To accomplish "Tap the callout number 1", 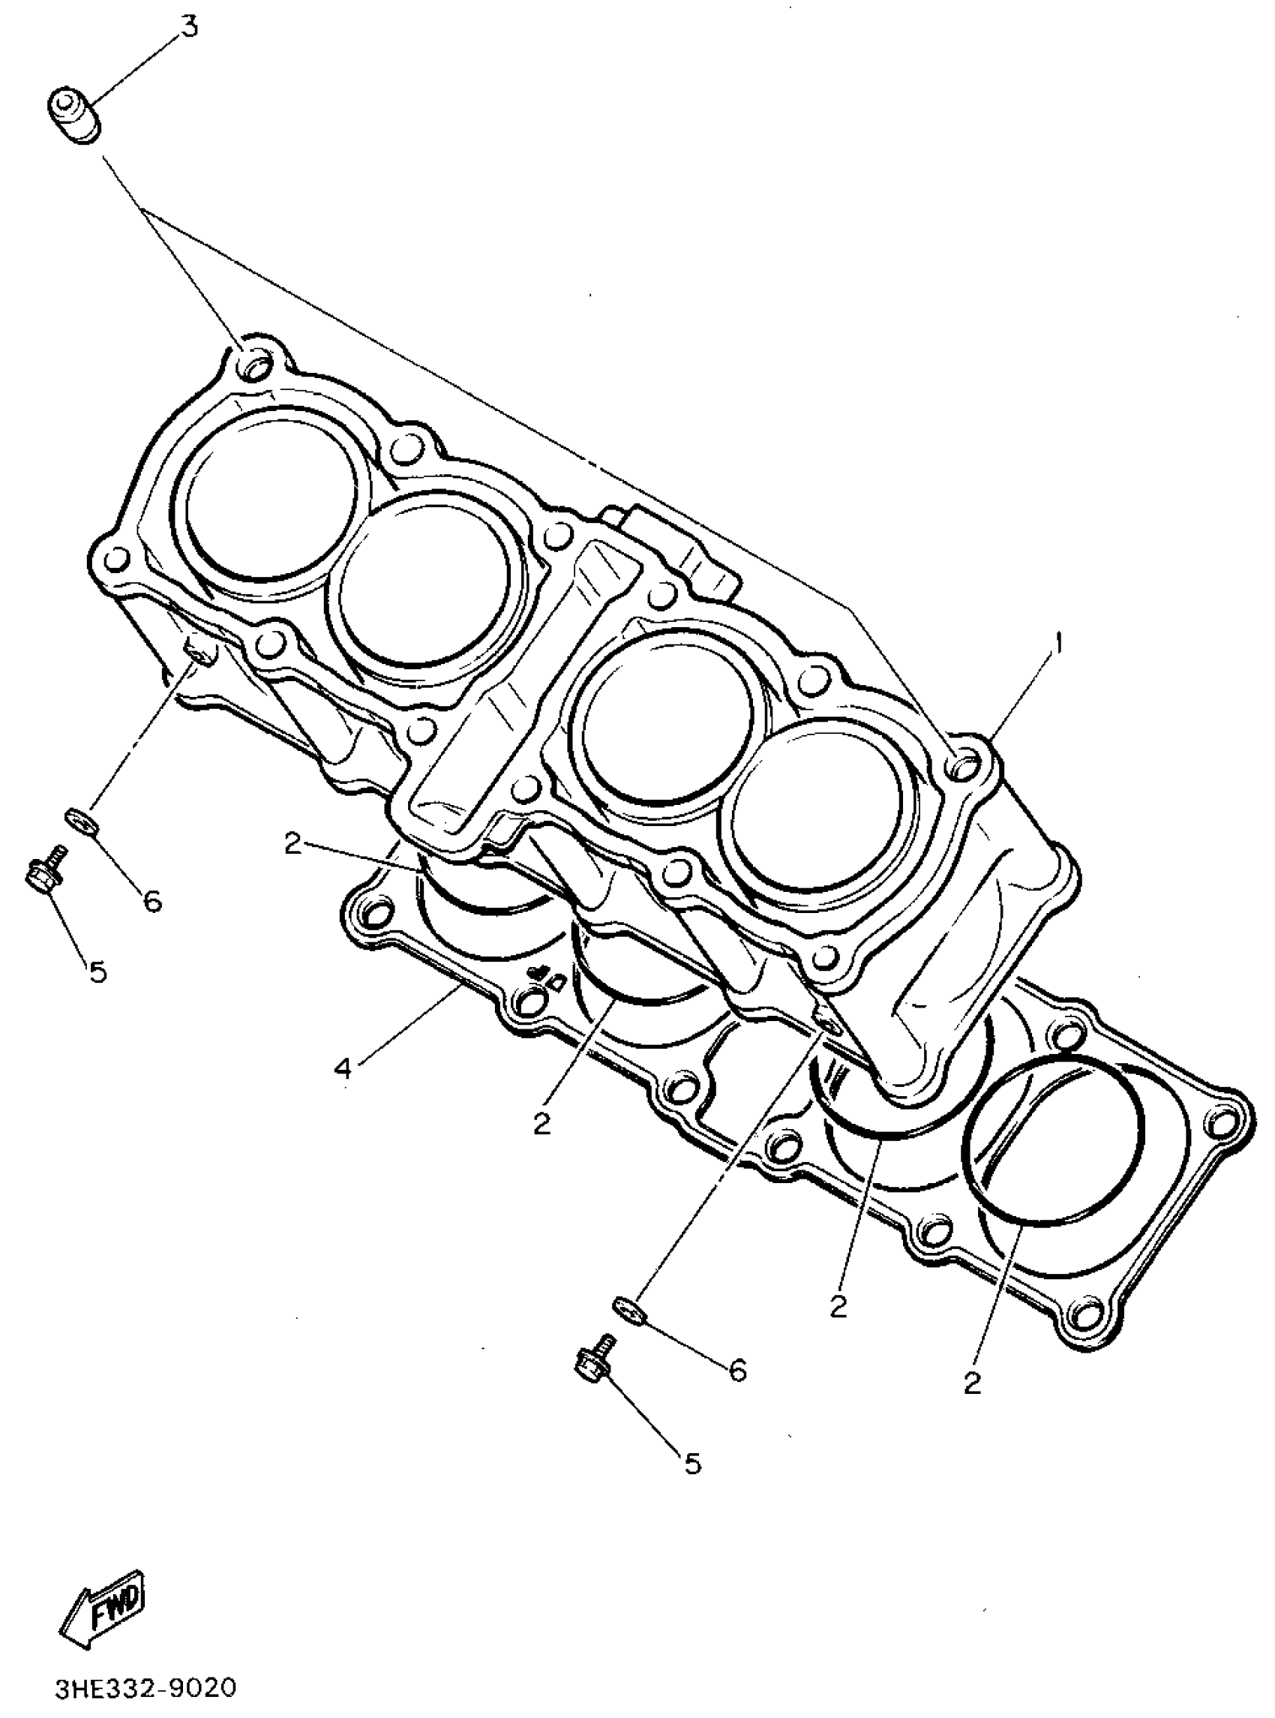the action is click(x=1059, y=643).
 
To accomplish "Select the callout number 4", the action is click(x=343, y=1068).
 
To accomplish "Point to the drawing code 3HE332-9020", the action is click(x=144, y=1689).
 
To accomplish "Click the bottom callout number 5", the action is click(x=692, y=1462).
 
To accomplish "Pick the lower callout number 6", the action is click(x=739, y=1371).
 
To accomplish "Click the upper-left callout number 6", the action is click(x=152, y=901).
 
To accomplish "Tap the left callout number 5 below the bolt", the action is click(x=98, y=972).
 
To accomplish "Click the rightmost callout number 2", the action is click(x=972, y=1383).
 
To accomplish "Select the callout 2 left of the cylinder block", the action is click(x=292, y=843).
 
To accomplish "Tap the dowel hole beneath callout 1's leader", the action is click(x=966, y=766).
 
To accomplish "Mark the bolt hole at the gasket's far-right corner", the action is click(x=1224, y=1122).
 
